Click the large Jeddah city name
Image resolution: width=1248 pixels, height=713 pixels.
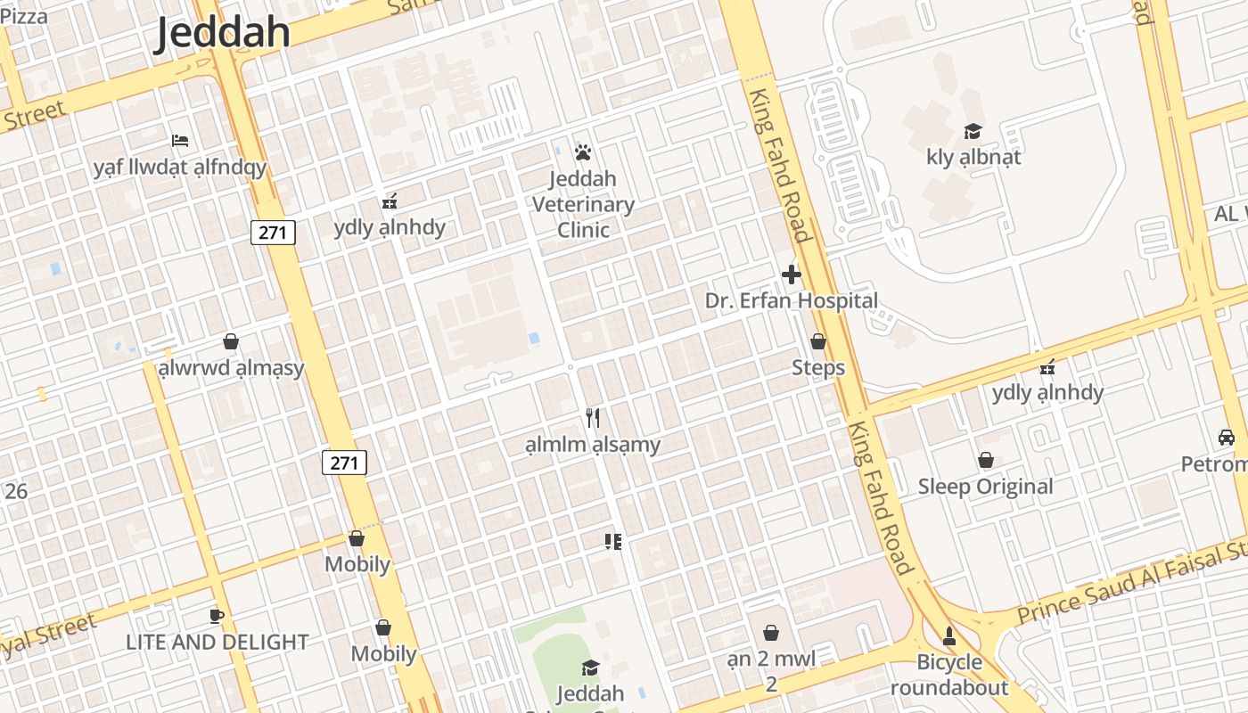coord(223,32)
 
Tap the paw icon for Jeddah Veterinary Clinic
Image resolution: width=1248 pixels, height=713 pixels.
coord(583,152)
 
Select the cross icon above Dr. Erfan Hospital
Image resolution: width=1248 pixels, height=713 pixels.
coord(791,275)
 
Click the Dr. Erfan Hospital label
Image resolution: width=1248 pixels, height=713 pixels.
coord(791,301)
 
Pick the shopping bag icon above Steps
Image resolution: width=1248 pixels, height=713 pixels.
coord(817,341)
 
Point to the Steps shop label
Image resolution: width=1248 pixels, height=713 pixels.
coord(817,367)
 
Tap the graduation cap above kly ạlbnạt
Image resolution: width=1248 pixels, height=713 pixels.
coord(973,132)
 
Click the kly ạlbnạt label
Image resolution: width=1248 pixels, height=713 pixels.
coord(973,158)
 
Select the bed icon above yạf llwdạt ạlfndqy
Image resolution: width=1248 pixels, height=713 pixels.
coord(180,141)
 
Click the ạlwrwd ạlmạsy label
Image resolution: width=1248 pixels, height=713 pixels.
coord(231,368)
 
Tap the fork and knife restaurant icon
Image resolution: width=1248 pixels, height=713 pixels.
coord(593,417)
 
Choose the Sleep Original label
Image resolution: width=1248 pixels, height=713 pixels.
coord(985,487)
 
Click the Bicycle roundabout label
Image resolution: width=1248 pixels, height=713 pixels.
coord(949,675)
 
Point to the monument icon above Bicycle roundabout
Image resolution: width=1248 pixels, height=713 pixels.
coord(949,636)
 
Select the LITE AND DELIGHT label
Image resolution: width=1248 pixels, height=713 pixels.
coord(217,642)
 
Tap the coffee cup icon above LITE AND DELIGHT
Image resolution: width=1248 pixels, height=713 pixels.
coord(216,616)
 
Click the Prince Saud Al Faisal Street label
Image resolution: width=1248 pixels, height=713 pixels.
coord(1132,585)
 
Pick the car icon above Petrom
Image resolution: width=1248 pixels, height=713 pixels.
coord(1227,438)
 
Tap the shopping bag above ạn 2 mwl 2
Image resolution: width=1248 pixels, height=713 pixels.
coord(771,633)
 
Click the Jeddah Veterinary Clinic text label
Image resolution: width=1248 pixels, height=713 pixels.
coord(583,204)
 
